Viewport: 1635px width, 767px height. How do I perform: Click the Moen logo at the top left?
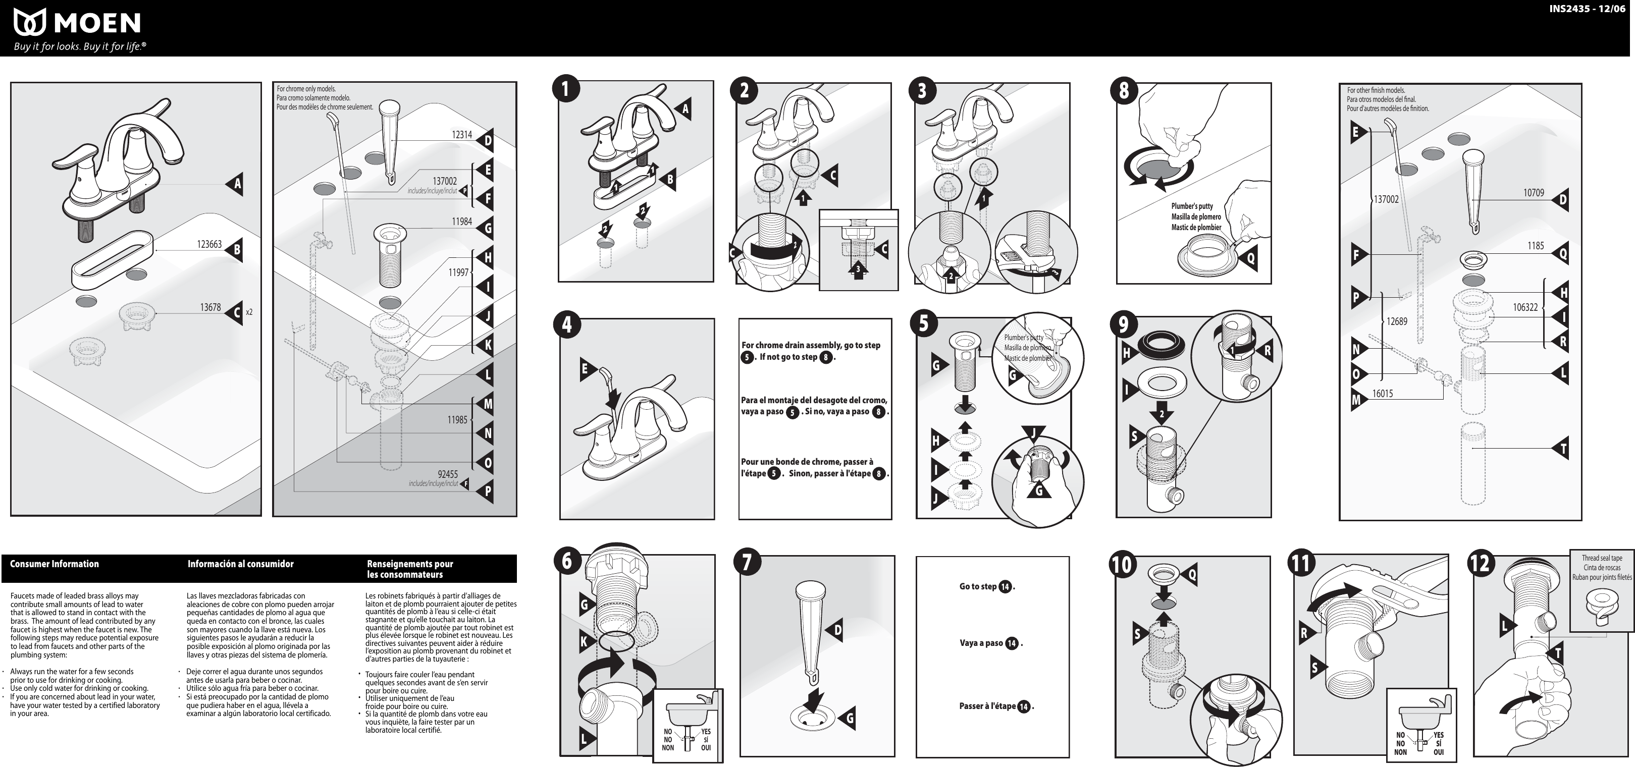[x=76, y=24]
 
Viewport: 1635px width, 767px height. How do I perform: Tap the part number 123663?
[x=209, y=244]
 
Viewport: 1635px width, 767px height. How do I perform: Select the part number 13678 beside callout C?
[x=210, y=308]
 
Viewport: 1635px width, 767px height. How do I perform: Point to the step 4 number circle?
[x=567, y=325]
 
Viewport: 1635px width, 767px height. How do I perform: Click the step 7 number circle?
[x=747, y=562]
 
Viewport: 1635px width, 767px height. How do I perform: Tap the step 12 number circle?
[x=1480, y=563]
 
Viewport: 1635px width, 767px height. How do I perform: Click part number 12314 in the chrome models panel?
[x=461, y=135]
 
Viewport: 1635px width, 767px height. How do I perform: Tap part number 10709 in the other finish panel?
[x=1534, y=193]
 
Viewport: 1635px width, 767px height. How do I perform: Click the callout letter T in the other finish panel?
[x=1563, y=449]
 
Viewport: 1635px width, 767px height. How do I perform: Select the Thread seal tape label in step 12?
[x=1601, y=558]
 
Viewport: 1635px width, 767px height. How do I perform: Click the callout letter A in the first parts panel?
[x=237, y=185]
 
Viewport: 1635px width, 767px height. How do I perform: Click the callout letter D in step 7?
[x=836, y=630]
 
